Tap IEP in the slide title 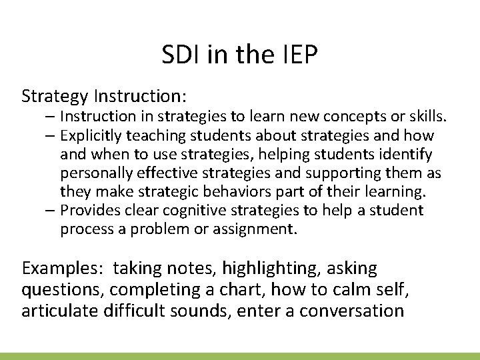click(295, 56)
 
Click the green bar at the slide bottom click(240, 356)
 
